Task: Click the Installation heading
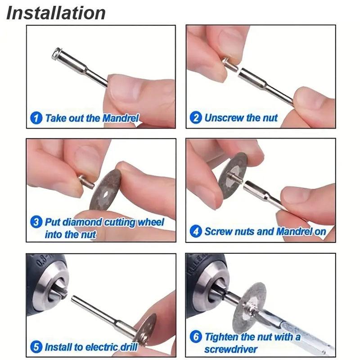56,13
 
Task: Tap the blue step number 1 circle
36,118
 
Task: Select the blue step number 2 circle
196,118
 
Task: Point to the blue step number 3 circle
36,222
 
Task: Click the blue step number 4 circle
196,231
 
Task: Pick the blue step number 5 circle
36,346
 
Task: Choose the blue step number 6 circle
196,337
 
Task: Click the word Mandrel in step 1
121,118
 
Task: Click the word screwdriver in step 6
231,350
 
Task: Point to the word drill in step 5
129,346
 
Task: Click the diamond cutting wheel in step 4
232,175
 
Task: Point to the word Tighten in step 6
222,337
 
